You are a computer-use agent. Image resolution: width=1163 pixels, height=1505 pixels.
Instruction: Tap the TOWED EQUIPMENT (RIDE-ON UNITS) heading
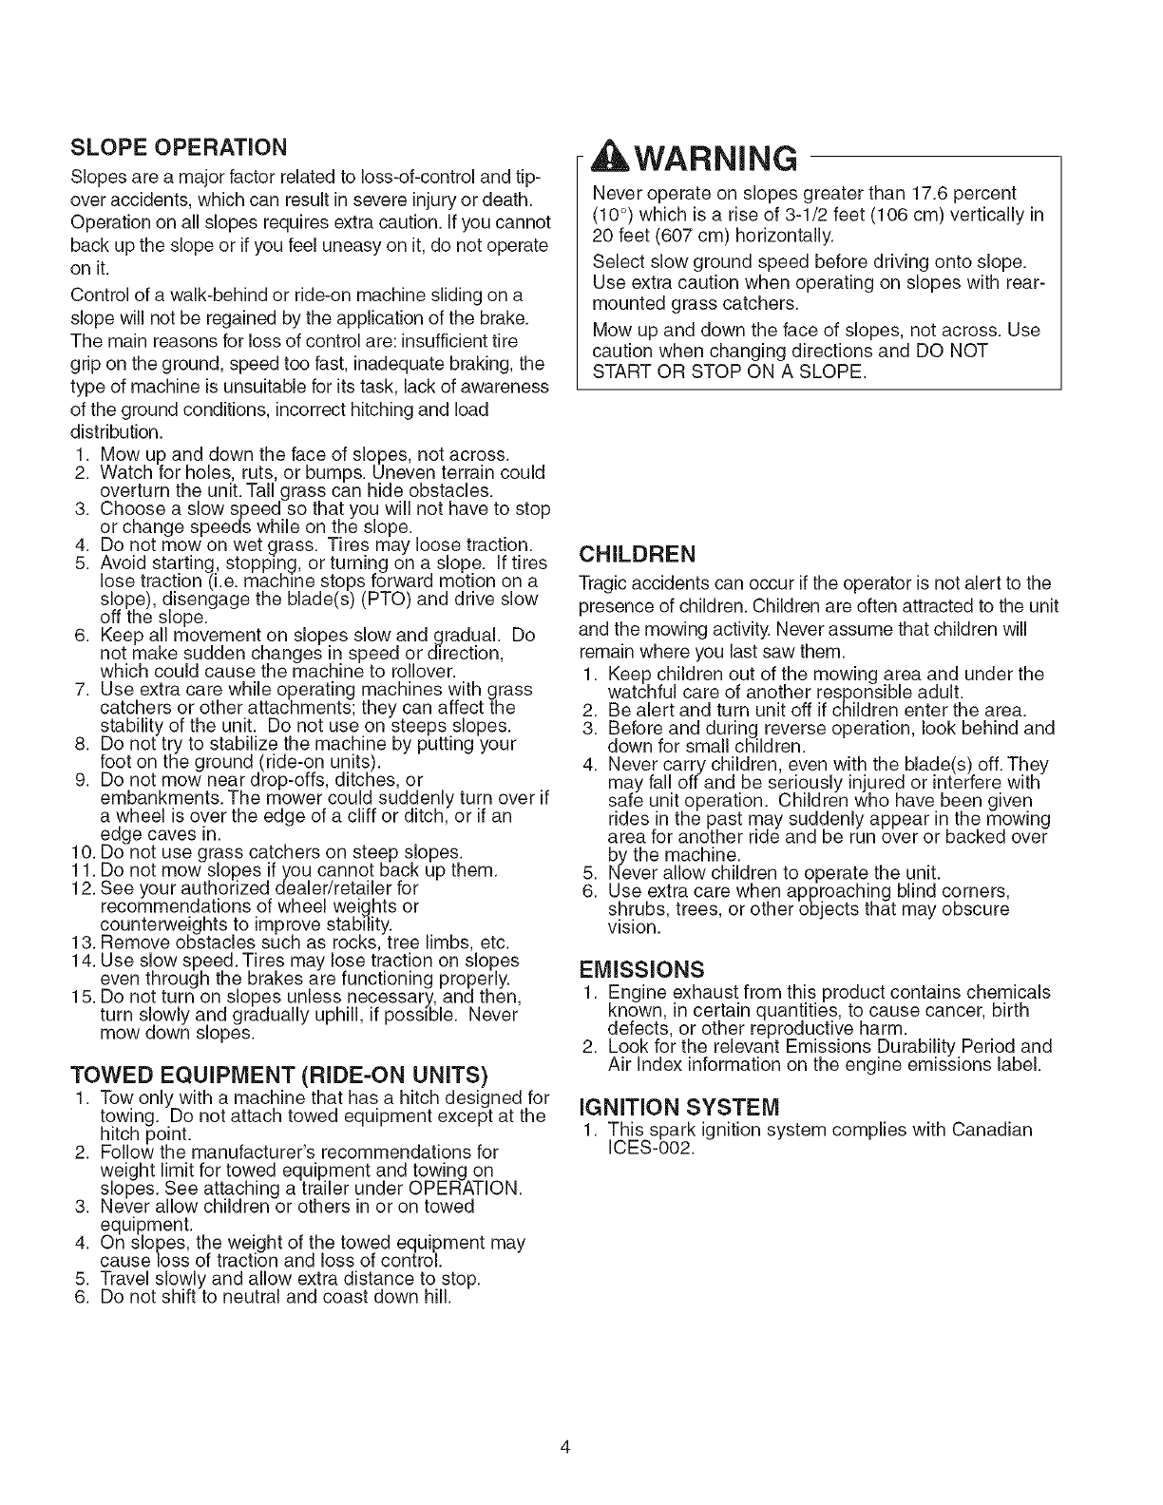[x=279, y=1076]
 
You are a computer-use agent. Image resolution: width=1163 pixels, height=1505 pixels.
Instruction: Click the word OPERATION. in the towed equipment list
[x=464, y=1189]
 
